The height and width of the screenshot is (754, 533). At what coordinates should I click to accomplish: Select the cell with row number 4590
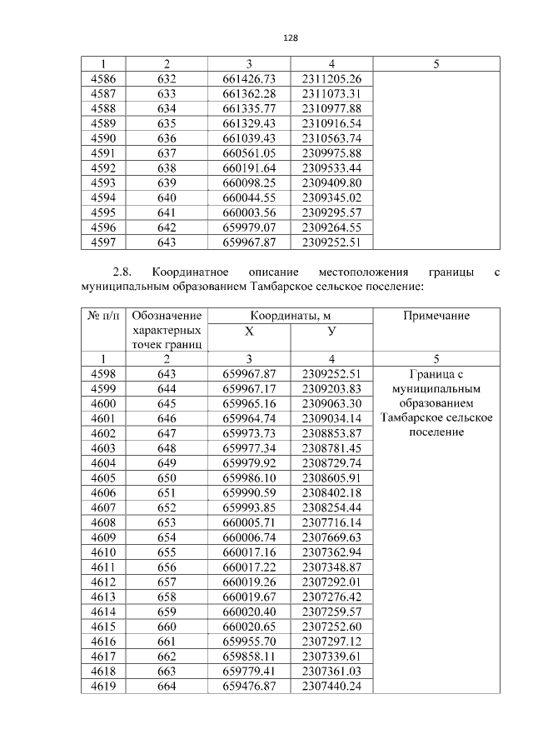pyautogui.click(x=102, y=138)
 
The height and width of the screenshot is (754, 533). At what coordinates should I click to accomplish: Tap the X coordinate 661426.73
pyautogui.click(x=249, y=78)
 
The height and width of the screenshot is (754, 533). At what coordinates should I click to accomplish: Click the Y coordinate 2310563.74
pyautogui.click(x=331, y=138)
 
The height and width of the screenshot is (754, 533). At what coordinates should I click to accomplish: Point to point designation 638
pyautogui.click(x=167, y=168)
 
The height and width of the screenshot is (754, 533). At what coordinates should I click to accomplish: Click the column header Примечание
pyautogui.click(x=436, y=316)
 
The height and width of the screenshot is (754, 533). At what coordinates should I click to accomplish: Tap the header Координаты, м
pyautogui.click(x=290, y=316)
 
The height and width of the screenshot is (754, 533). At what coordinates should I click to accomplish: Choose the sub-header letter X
pyautogui.click(x=249, y=331)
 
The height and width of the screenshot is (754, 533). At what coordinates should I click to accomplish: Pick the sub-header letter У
pyautogui.click(x=331, y=331)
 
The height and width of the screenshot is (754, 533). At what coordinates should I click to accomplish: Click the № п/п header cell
pyautogui.click(x=102, y=316)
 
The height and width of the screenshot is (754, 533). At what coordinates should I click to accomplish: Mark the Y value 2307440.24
pyautogui.click(x=331, y=687)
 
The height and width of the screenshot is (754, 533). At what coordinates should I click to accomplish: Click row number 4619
pyautogui.click(x=102, y=687)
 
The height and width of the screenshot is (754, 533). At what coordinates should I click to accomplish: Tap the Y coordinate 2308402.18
pyautogui.click(x=331, y=492)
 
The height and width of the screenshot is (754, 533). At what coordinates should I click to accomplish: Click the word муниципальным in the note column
pyautogui.click(x=436, y=388)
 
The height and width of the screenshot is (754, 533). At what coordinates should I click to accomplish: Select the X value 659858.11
pyautogui.click(x=249, y=657)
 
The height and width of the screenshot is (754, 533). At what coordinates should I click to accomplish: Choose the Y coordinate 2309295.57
pyautogui.click(x=331, y=213)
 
